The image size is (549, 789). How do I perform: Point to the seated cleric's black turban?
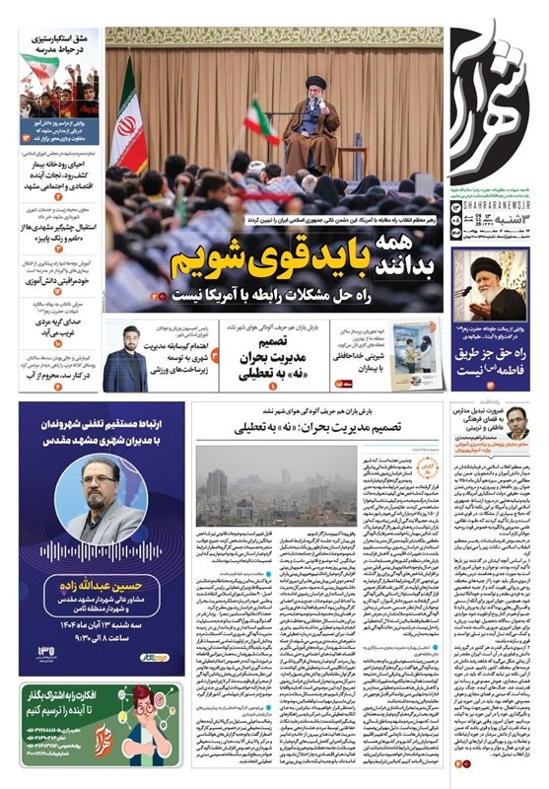tap(315, 83)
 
